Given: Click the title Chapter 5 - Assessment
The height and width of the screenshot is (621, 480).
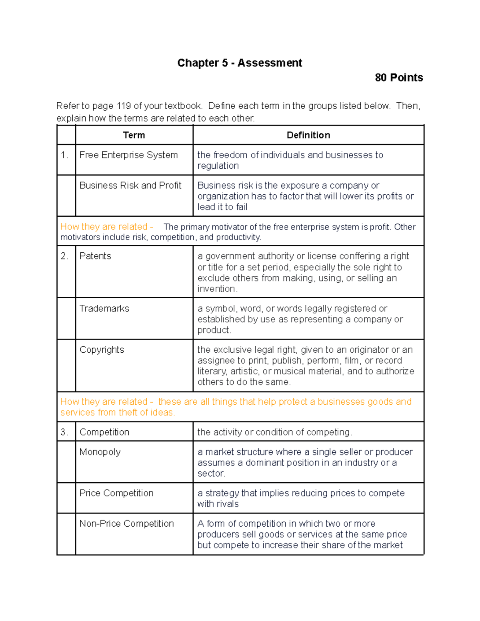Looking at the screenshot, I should click(x=240, y=63).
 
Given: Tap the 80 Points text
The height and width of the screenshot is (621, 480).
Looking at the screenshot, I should click(x=398, y=78).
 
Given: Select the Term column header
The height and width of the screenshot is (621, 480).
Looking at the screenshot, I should click(x=134, y=135).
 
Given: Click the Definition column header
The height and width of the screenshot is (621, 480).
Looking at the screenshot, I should click(x=308, y=135).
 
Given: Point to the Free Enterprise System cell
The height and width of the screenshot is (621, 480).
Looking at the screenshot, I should click(x=128, y=155).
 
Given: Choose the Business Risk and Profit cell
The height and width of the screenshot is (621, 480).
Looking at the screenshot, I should click(x=130, y=186).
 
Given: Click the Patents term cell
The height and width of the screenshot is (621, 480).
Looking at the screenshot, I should click(x=95, y=256).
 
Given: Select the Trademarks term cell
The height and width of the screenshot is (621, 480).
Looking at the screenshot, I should click(x=104, y=309).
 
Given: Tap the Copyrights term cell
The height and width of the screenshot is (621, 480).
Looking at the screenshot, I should click(x=102, y=350).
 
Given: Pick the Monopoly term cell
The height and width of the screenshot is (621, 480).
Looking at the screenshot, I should click(x=100, y=452).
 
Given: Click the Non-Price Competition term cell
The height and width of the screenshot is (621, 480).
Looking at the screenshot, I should click(x=126, y=524).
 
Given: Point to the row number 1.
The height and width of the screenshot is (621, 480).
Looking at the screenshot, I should click(x=64, y=155).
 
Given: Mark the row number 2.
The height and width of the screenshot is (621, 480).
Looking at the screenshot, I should click(x=64, y=256).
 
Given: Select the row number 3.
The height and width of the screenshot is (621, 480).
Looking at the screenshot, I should click(x=64, y=432).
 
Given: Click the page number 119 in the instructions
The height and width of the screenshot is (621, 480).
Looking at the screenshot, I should click(x=124, y=106).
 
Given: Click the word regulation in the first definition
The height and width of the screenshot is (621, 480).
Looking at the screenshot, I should click(x=218, y=166).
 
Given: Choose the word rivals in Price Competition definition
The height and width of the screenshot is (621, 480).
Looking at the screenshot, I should click(x=228, y=504).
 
